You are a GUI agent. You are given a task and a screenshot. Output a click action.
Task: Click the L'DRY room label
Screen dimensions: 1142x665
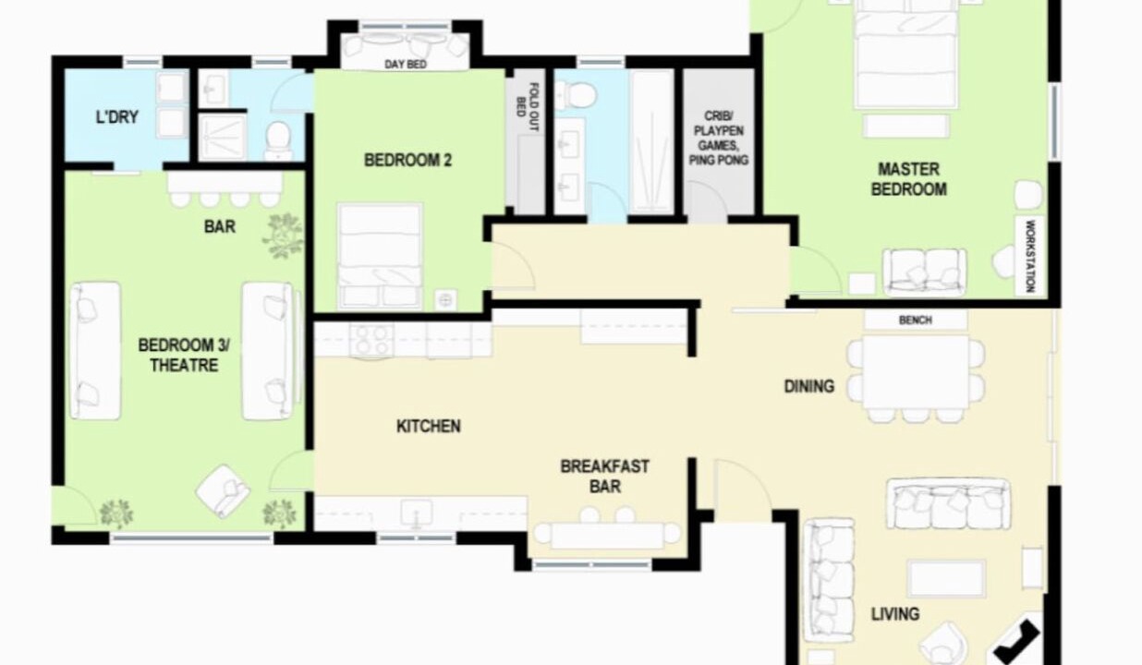tap(116, 117)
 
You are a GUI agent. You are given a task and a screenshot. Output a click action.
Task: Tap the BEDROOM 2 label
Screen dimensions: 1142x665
tap(407, 161)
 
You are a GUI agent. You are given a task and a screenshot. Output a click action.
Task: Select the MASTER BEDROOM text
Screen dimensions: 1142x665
tap(908, 179)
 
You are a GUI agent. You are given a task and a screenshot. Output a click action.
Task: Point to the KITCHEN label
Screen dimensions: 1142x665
tap(429, 426)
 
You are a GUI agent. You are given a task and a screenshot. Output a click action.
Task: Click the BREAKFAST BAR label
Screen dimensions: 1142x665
tap(604, 476)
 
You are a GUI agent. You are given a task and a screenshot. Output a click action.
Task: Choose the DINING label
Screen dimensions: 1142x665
tap(809, 386)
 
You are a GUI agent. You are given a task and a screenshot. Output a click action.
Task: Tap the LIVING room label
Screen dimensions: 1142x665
tap(895, 614)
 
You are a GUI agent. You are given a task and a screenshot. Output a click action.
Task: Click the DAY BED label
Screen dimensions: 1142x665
tap(406, 65)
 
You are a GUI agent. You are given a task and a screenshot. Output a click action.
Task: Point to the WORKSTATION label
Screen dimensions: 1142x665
tap(1029, 256)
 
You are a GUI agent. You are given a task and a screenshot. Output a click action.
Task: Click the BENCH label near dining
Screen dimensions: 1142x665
tap(916, 320)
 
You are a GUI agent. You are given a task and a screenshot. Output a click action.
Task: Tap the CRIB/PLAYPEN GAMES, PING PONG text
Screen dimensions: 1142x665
tap(718, 139)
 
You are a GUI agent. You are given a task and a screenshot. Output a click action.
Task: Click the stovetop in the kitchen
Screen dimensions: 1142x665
tap(371, 340)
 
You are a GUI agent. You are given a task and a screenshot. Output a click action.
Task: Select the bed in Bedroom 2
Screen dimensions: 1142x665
tap(380, 257)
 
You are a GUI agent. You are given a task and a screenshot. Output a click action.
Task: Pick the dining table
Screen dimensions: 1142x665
tap(916, 371)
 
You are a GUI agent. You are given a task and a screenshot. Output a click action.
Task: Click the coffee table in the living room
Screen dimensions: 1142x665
tap(946, 578)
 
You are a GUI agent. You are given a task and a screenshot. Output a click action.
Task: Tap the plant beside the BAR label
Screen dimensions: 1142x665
tap(283, 236)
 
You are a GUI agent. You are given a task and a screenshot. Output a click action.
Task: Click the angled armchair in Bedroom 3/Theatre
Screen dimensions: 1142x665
tap(223, 491)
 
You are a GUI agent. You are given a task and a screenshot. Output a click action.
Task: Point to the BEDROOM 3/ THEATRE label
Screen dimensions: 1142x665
tap(184, 356)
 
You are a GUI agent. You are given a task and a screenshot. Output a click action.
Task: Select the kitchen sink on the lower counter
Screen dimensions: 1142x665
tap(417, 512)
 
